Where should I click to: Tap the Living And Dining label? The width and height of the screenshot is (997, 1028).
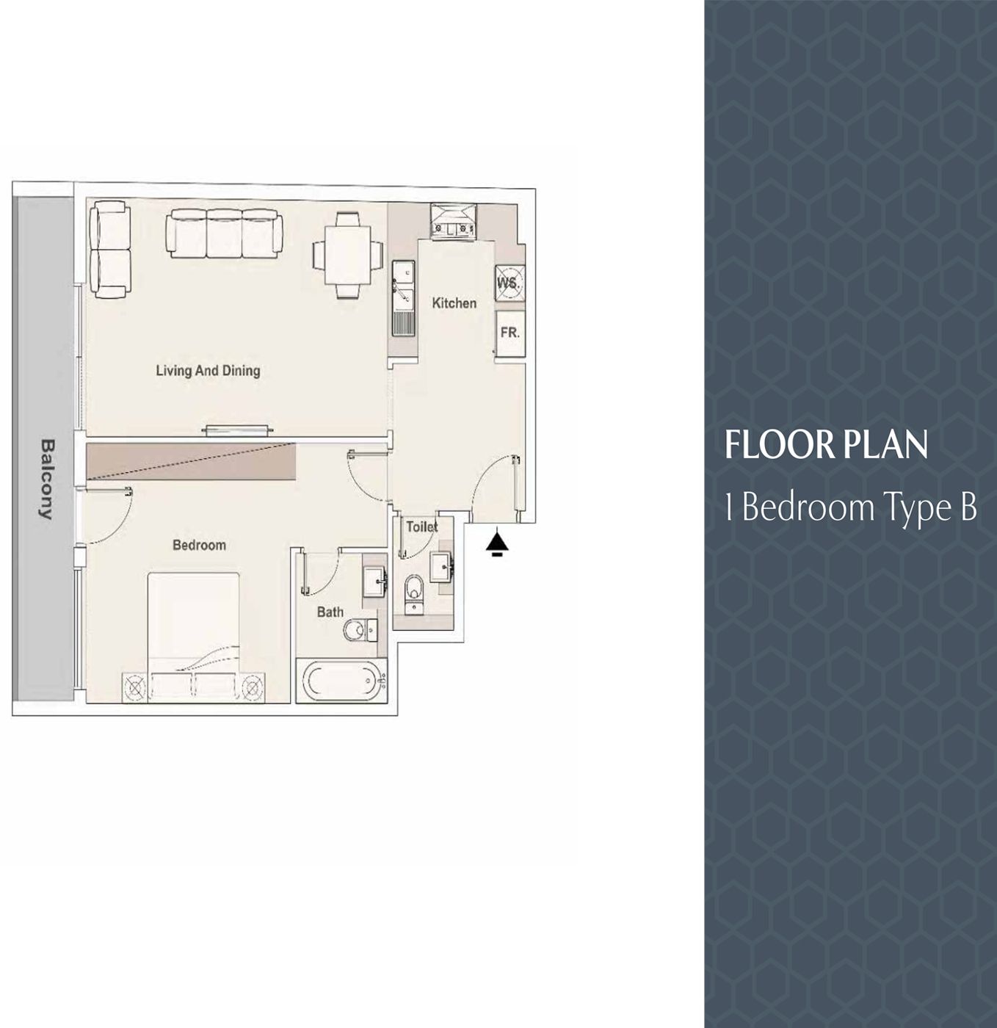click(x=208, y=371)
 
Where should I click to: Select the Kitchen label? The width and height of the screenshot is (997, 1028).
click(x=454, y=303)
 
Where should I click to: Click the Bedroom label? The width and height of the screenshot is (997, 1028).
click(x=199, y=545)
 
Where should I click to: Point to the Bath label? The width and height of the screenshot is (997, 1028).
click(x=330, y=612)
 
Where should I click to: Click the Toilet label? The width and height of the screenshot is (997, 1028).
click(x=421, y=526)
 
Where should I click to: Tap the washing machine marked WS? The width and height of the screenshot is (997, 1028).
click(x=510, y=283)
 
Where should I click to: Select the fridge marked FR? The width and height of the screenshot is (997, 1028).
click(x=510, y=333)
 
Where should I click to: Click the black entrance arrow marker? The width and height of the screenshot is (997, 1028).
click(x=497, y=544)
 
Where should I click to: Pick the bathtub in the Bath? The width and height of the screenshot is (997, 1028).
click(x=341, y=681)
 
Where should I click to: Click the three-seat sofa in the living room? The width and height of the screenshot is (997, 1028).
click(x=224, y=234)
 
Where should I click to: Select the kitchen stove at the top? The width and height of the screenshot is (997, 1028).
click(x=453, y=222)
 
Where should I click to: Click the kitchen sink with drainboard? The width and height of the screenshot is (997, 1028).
click(x=402, y=298)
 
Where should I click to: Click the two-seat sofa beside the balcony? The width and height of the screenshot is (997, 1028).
click(x=110, y=250)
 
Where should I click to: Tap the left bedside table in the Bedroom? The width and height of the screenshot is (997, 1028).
click(x=135, y=687)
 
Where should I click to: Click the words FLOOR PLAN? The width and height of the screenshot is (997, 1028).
click(x=826, y=445)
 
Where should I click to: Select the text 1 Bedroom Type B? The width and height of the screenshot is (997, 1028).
click(x=850, y=507)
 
